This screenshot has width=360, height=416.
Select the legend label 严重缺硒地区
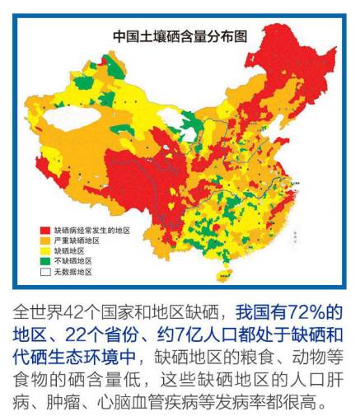pos(77,240)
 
